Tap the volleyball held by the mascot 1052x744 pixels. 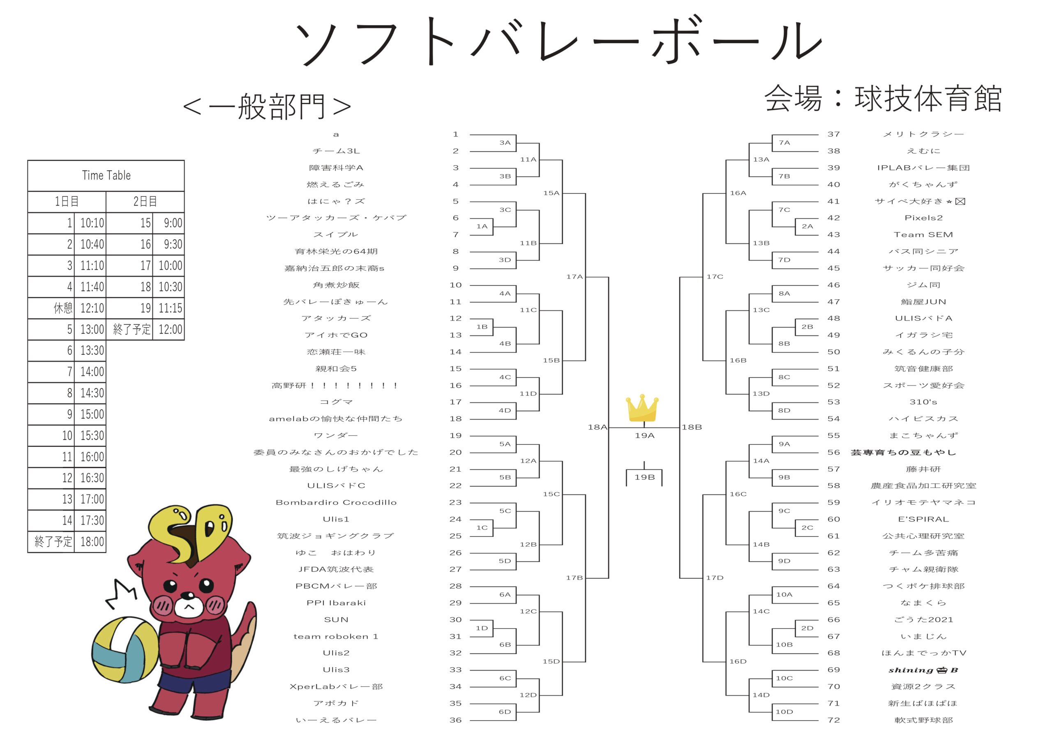coord(125,650)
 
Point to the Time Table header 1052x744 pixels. coord(106,176)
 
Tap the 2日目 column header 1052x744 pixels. coord(145,202)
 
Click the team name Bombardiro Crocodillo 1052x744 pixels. coord(336,502)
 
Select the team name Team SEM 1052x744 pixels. coord(923,235)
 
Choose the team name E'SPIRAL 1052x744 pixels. coord(923,520)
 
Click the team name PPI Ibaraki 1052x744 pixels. coord(336,603)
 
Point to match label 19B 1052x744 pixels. coord(644,477)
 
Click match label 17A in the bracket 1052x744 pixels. coord(574,277)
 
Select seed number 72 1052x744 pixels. coord(833,720)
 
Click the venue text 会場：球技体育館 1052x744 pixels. coord(882,99)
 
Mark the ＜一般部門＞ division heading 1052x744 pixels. coord(267,106)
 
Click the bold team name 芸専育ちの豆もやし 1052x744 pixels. coord(904,453)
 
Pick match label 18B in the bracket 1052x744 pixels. coord(692,427)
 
